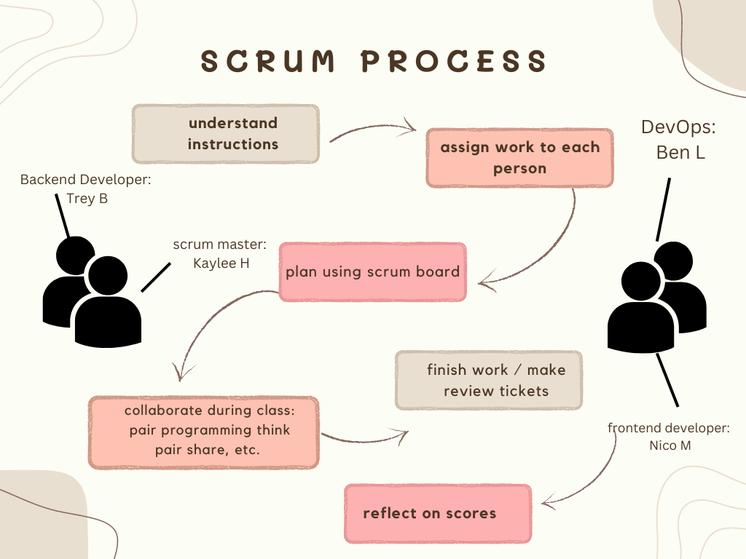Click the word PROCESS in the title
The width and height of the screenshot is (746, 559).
(453, 62)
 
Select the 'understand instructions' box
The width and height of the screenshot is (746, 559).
(225, 134)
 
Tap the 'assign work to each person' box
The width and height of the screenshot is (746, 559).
(519, 158)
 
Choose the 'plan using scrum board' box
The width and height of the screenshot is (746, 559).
(372, 272)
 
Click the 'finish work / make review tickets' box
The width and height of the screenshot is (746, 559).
(489, 380)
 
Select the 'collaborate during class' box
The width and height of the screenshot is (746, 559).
(203, 432)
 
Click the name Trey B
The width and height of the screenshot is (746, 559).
(87, 198)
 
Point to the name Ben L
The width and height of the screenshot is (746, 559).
(680, 153)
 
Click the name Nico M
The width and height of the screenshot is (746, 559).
(670, 445)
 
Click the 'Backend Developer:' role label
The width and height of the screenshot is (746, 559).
(85, 179)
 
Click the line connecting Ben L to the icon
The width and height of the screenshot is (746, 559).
(663, 208)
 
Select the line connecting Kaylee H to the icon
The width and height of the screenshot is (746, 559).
(155, 277)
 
